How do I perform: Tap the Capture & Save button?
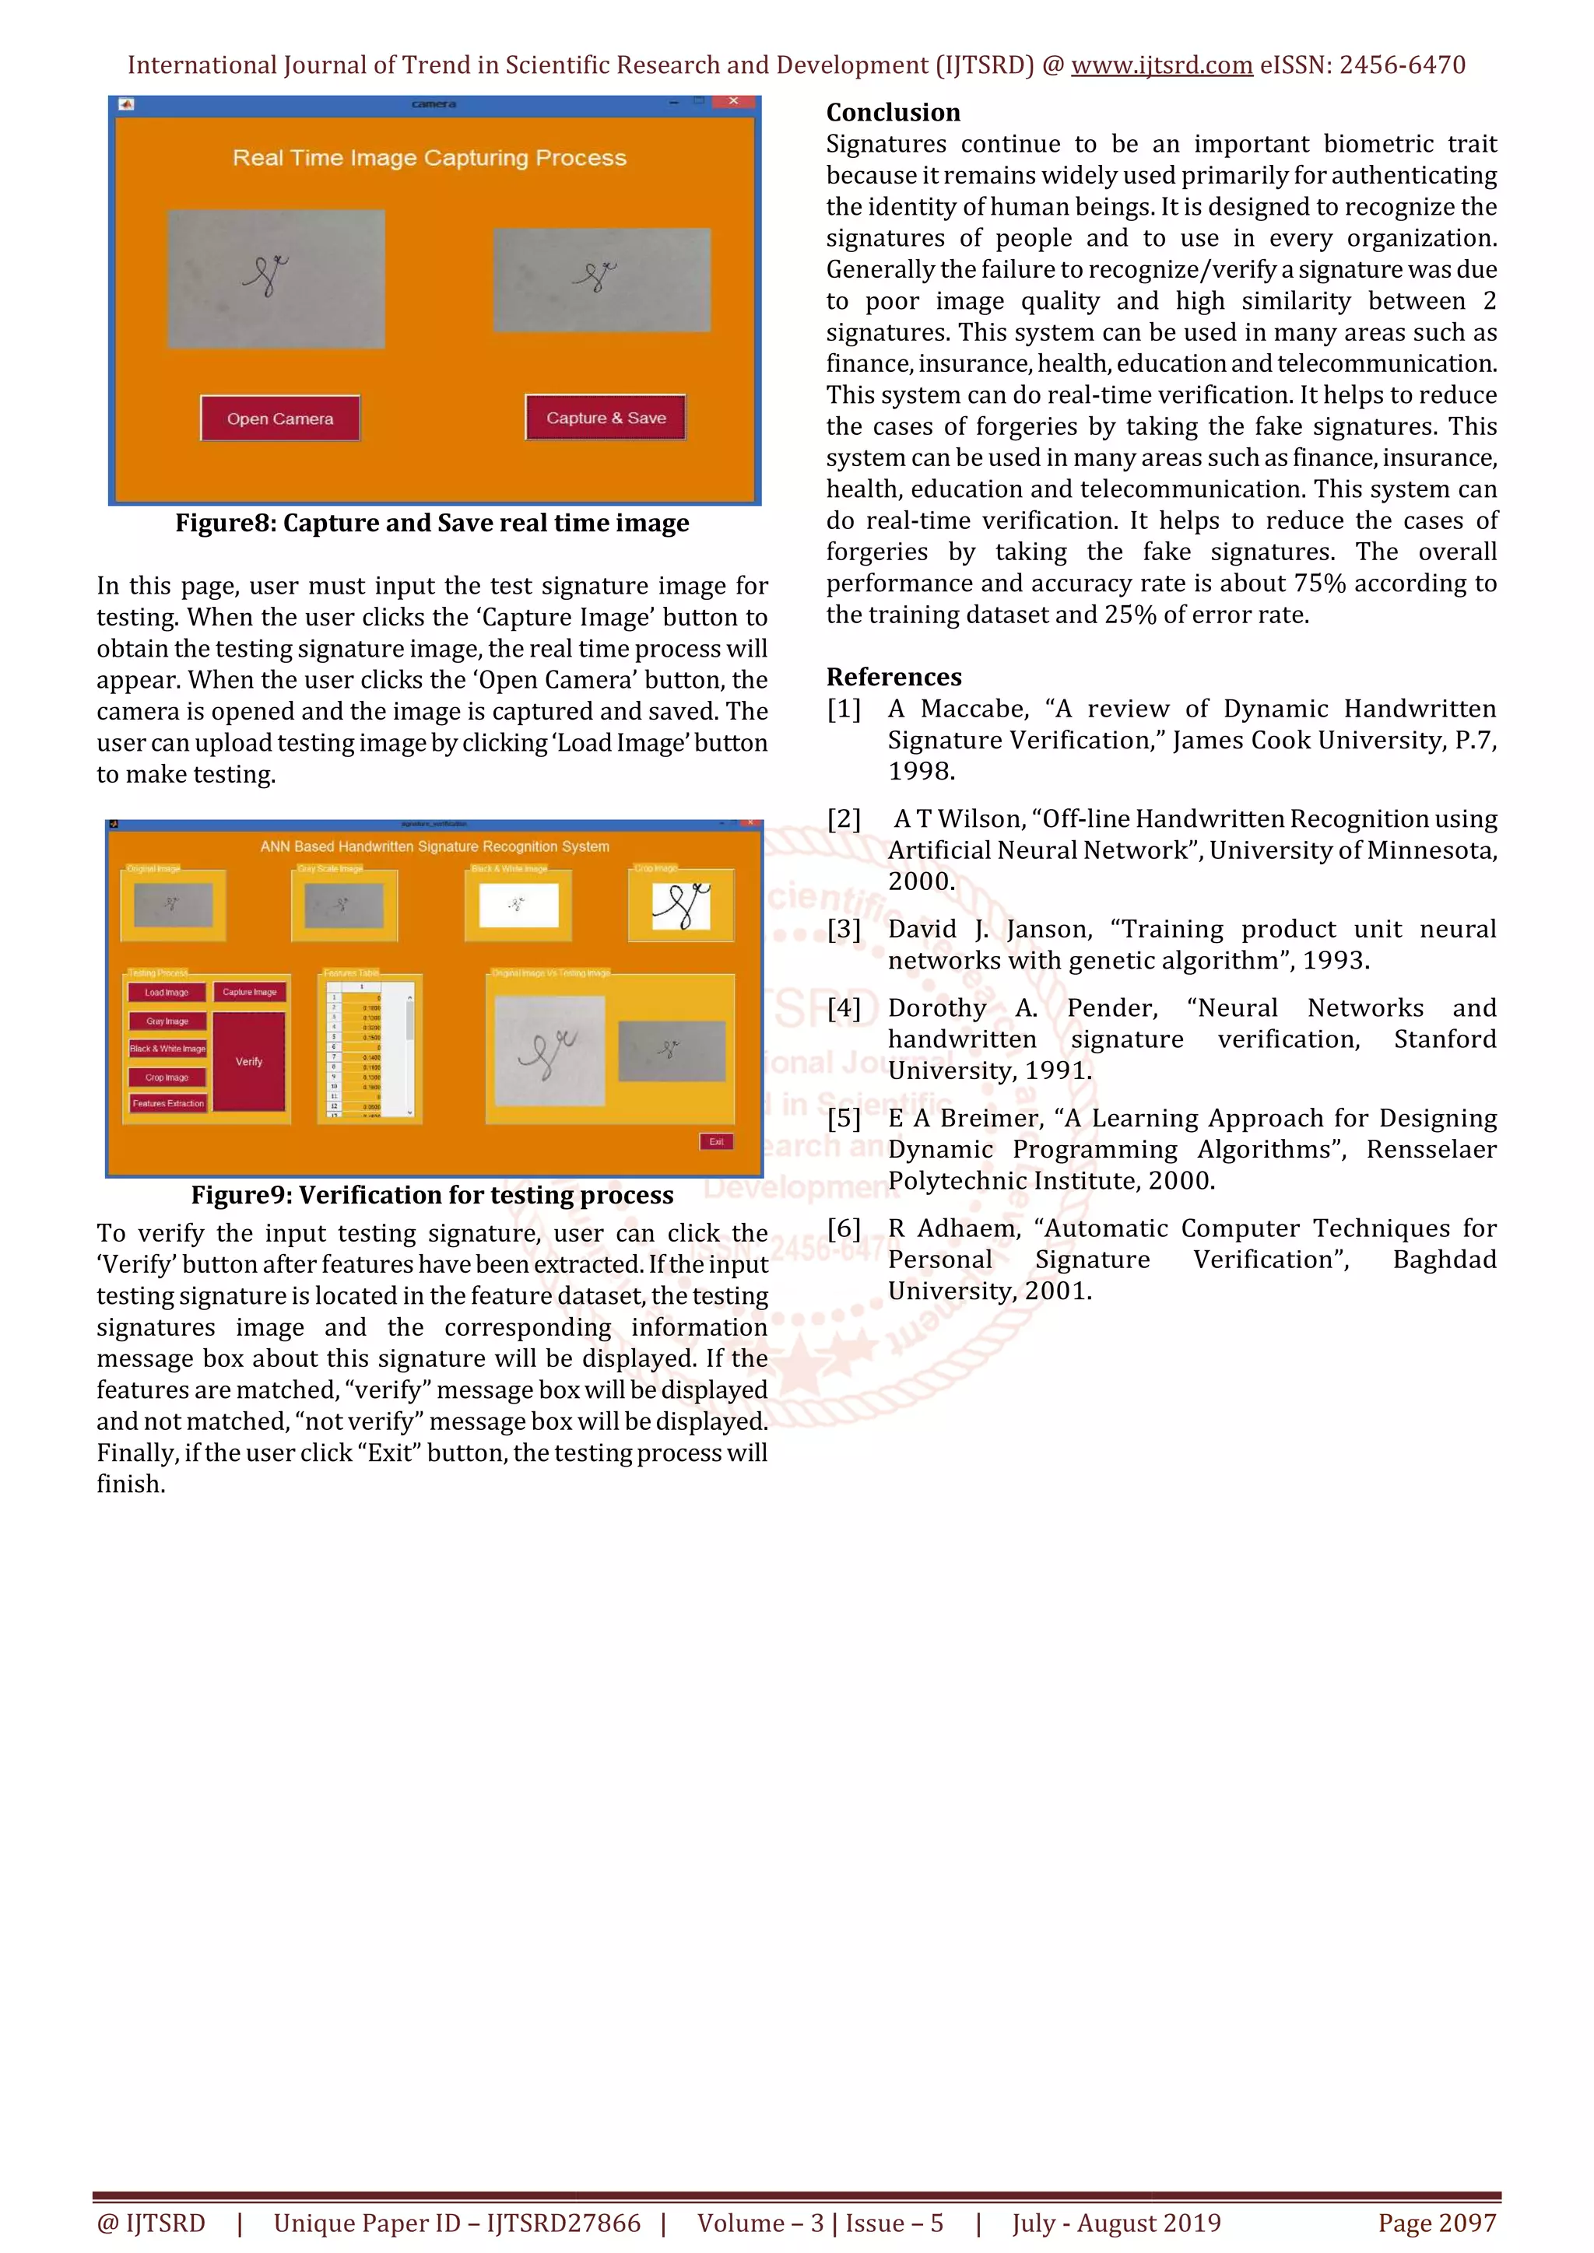606,418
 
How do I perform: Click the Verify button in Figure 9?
249,1062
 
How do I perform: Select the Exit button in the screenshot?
717,1141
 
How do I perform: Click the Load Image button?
167,992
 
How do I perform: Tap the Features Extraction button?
168,1104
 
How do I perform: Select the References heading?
894,677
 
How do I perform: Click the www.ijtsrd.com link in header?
1161,65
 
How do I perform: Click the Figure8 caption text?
432,523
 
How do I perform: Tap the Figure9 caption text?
432,1195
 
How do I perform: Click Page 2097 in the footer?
1437,2223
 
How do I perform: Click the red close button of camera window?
733,101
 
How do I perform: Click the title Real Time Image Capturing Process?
429,158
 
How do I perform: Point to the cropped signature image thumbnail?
681,906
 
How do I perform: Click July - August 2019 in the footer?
1116,2223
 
